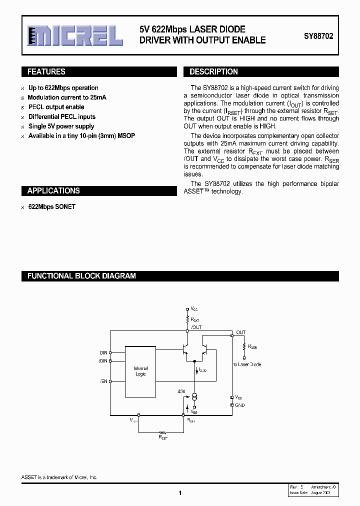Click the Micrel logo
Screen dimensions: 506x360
(75, 35)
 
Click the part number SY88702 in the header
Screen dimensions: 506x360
(318, 36)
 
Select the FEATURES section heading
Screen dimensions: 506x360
(46, 72)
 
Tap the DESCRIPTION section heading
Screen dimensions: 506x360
(213, 72)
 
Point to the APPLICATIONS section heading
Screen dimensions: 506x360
(53, 191)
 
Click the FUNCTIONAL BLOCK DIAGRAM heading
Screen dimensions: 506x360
(81, 276)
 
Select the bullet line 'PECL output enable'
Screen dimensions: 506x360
(56, 107)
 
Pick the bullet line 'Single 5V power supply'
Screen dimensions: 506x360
(61, 126)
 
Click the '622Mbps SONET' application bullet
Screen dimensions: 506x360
(52, 206)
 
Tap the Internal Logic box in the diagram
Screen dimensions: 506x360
(140, 371)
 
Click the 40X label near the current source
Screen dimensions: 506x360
(181, 391)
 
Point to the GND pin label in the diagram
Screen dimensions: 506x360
(240, 405)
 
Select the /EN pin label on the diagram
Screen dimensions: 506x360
(103, 381)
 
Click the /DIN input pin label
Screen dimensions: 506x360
(103, 360)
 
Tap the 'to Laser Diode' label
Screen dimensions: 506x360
(247, 364)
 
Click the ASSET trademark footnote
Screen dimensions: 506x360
(60, 477)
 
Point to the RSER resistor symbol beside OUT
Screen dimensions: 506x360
(244, 347)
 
